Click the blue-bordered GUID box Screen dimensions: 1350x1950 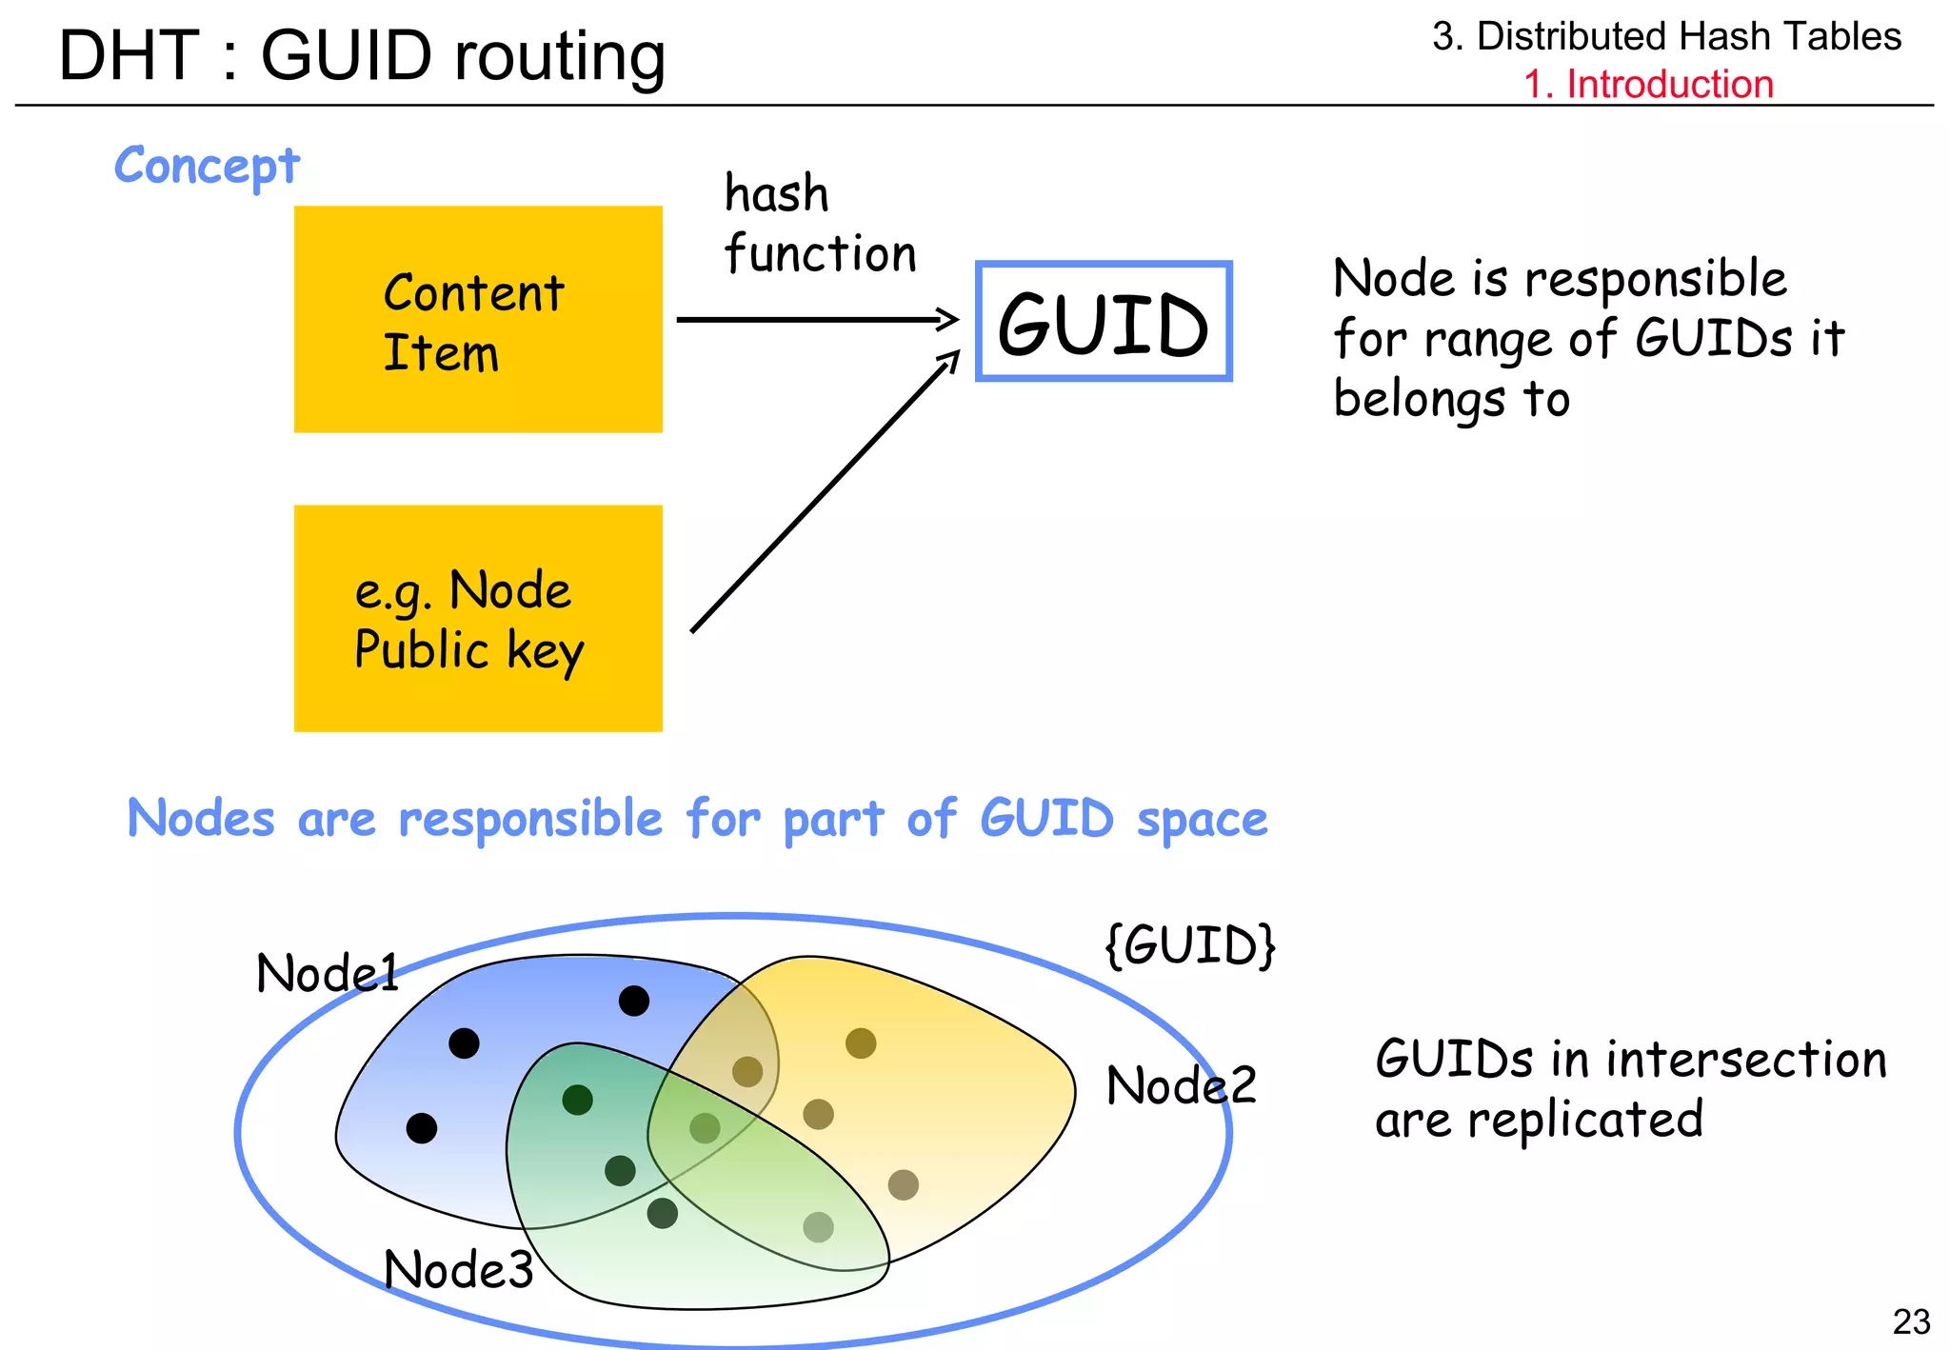1104,322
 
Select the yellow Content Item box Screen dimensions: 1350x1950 478,319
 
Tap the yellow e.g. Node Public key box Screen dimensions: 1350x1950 478,618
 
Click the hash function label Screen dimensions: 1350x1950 819,224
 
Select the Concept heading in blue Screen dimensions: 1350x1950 207,166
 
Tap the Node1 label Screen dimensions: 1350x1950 327,973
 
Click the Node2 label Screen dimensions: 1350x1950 1181,1085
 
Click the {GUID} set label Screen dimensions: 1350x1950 1190,945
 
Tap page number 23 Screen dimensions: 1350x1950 1911,1321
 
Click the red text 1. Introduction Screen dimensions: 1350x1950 1648,84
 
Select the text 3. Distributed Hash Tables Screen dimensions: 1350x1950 1666,36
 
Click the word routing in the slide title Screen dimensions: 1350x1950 559,57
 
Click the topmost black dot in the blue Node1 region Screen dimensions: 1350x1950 634,1001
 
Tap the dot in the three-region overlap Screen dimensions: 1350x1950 705,1128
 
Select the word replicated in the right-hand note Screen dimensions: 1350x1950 1584,1120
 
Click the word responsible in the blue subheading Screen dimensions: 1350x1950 530,819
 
